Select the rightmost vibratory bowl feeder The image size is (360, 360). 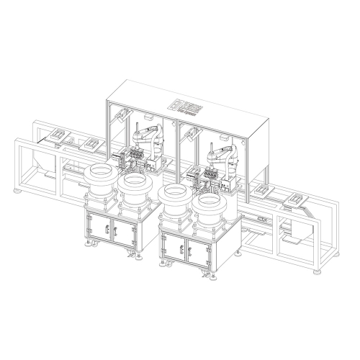click(210, 205)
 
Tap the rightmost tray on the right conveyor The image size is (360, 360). click(296, 198)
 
